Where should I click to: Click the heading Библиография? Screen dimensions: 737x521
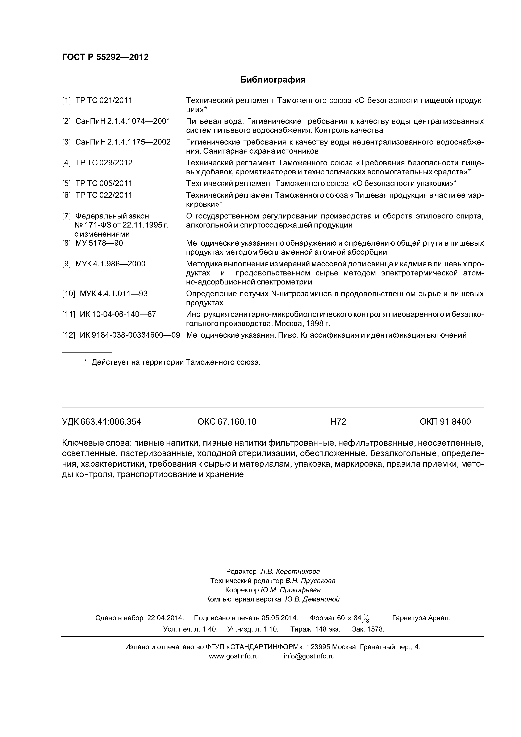(273, 80)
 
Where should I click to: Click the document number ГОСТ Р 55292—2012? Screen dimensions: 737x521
(105, 57)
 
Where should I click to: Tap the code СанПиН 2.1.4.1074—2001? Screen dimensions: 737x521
(123, 121)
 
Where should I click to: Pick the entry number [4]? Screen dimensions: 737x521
(66, 163)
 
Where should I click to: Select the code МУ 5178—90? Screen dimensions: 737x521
(99, 243)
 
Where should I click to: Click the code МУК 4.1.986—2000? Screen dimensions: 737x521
(110, 264)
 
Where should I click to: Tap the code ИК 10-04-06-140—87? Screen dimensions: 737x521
(118, 314)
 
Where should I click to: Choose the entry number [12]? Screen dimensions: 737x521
(68, 335)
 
